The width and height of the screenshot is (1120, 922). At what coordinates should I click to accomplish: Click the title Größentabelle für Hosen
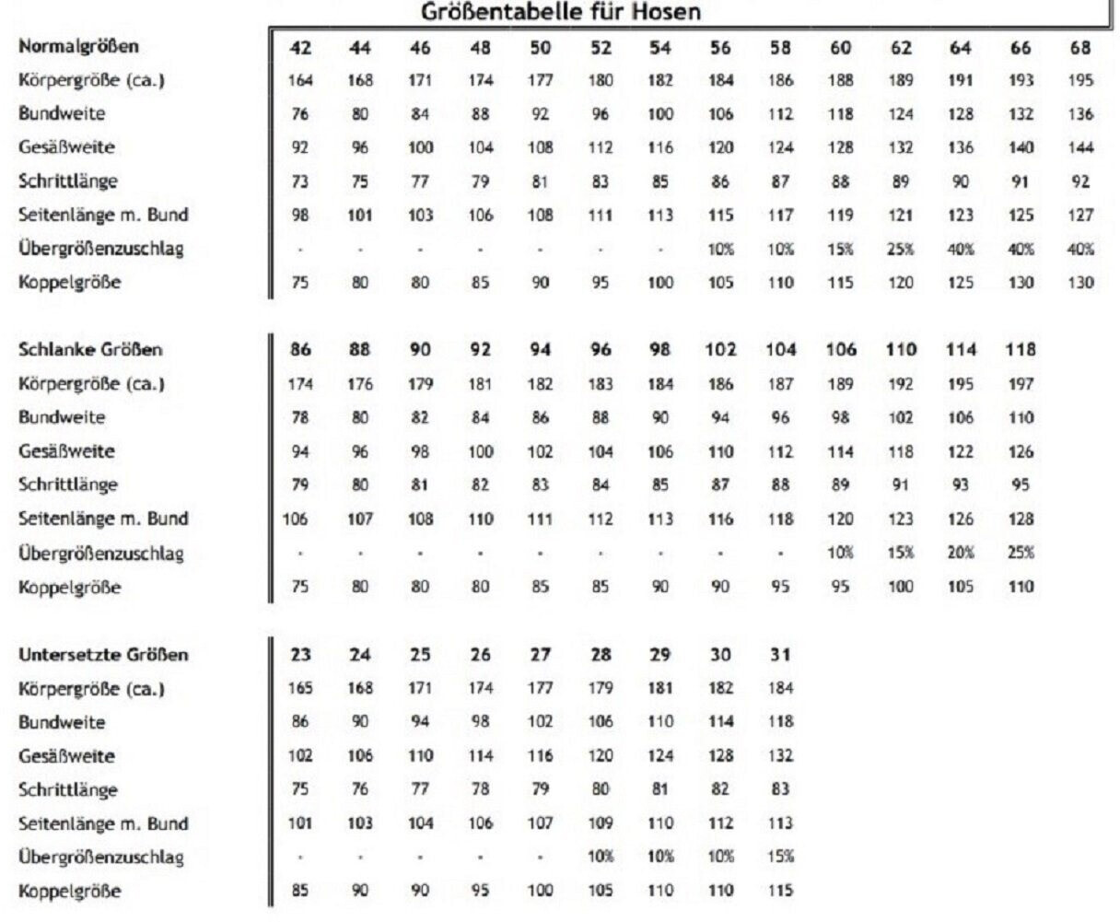[x=562, y=12]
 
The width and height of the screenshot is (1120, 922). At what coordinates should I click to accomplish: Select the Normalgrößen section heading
[x=78, y=46]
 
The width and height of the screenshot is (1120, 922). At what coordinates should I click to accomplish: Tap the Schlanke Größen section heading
[x=90, y=350]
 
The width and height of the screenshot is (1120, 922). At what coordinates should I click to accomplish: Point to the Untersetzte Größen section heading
[x=103, y=655]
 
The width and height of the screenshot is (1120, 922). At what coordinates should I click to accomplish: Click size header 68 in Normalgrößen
[x=1080, y=48]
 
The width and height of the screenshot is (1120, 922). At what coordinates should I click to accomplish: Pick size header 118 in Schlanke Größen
[x=1021, y=350]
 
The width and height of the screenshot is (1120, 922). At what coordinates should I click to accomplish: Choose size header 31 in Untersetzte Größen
[x=780, y=655]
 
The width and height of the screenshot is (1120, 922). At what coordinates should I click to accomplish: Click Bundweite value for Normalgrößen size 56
[x=720, y=114]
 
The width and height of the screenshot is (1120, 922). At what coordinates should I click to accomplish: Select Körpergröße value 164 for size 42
[x=300, y=81]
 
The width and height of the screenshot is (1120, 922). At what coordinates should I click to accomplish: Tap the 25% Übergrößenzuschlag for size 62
[x=901, y=249]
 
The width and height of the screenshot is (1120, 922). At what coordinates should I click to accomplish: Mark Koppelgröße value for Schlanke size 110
[x=901, y=587]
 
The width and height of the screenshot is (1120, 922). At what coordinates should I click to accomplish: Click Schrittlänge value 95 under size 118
[x=1021, y=485]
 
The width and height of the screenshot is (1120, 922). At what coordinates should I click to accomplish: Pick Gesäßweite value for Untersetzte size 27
[x=541, y=756]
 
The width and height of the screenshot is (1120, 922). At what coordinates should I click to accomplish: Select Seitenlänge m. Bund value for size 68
[x=1080, y=216]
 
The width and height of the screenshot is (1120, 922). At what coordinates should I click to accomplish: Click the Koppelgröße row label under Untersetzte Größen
[x=69, y=892]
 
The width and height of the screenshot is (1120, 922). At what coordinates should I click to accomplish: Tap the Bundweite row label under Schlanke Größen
[x=62, y=417]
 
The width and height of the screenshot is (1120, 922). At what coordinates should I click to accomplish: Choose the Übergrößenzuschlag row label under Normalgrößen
[x=100, y=249]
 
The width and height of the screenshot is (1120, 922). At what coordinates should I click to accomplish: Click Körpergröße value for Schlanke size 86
[x=300, y=384]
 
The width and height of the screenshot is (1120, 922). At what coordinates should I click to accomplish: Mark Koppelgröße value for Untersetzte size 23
[x=300, y=892]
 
